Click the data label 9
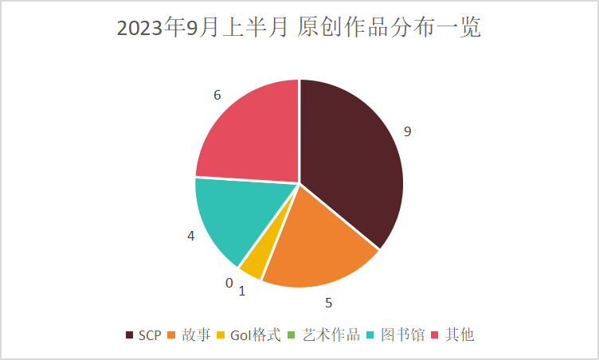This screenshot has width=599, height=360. pyautogui.click(x=407, y=131)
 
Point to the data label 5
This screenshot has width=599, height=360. pyautogui.click(x=328, y=303)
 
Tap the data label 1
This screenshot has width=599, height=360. pyautogui.click(x=241, y=292)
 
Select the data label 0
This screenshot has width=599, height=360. pyautogui.click(x=229, y=283)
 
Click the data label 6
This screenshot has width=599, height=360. pyautogui.click(x=217, y=95)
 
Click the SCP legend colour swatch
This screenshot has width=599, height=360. pyautogui.click(x=129, y=335)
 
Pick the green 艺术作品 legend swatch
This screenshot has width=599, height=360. pyautogui.click(x=292, y=335)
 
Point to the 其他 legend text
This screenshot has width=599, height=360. pyautogui.click(x=460, y=335)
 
